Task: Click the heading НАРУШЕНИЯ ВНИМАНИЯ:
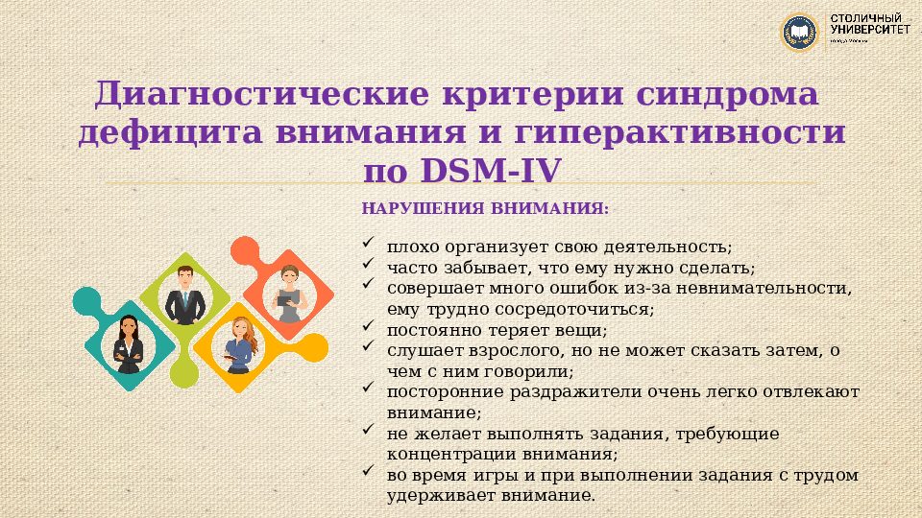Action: pyautogui.click(x=485, y=208)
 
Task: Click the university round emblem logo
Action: pyautogui.click(x=799, y=33)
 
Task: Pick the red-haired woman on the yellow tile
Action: pyautogui.click(x=237, y=343)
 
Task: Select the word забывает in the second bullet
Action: pyautogui.click(x=480, y=267)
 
